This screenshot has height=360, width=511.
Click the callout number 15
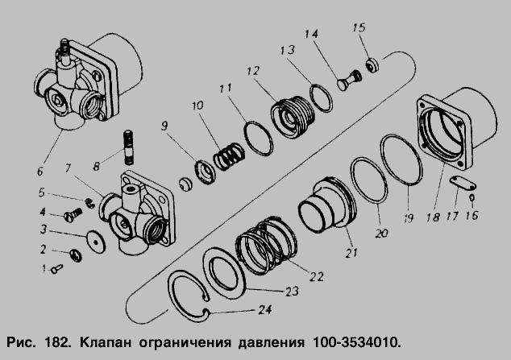point(359,27)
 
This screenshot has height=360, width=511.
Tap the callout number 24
point(265,309)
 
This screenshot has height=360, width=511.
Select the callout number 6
point(40,172)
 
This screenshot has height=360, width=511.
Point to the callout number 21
point(351,253)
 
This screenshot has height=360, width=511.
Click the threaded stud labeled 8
point(130,147)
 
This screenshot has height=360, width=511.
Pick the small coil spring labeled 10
point(229,156)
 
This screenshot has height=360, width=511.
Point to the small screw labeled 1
point(57,269)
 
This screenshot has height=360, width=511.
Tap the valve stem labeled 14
point(349,79)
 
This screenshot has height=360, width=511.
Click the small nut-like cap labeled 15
point(372,65)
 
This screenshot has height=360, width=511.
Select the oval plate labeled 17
point(463,184)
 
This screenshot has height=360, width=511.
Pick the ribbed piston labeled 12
point(293,117)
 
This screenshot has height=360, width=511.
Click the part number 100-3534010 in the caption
point(356,343)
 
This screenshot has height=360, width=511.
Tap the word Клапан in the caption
point(106,343)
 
